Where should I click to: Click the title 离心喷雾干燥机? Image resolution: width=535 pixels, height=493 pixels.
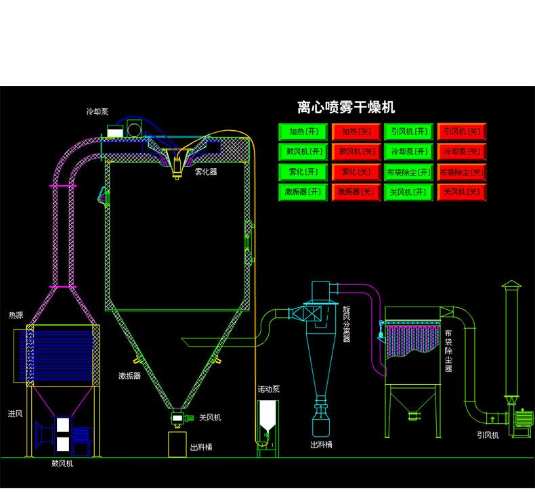pyautogui.click(x=346, y=107)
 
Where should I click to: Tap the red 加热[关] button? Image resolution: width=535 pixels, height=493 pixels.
pyautogui.click(x=356, y=132)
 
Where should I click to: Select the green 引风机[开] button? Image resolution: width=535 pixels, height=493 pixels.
pyautogui.click(x=409, y=132)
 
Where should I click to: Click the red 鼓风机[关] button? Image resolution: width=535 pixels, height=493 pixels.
pyautogui.click(x=356, y=152)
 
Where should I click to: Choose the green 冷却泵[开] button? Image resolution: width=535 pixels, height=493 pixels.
pyautogui.click(x=409, y=152)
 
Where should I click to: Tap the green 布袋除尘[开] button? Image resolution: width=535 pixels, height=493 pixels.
pyautogui.click(x=409, y=172)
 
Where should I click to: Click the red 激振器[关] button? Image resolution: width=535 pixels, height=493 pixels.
pyautogui.click(x=356, y=193)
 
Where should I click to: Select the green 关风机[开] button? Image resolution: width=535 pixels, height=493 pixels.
pyautogui.click(x=409, y=193)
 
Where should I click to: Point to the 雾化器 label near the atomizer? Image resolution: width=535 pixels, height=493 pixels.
pyautogui.click(x=206, y=172)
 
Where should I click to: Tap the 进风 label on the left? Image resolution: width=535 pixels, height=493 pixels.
pyautogui.click(x=15, y=413)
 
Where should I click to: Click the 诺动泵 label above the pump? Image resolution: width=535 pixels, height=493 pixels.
pyautogui.click(x=268, y=390)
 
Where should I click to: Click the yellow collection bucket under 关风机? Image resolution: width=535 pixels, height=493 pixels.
pyautogui.click(x=178, y=444)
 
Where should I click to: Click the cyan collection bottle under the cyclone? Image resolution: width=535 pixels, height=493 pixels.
pyautogui.click(x=320, y=424)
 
